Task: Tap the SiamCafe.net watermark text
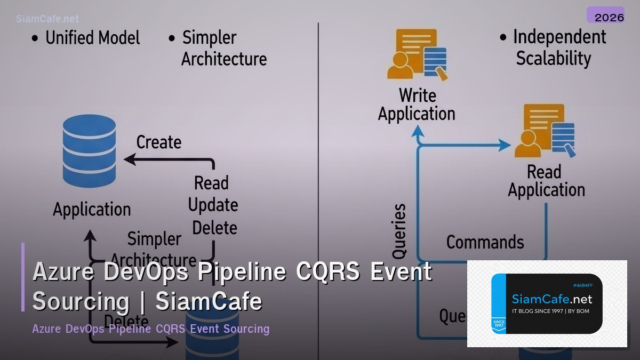tap(47, 19)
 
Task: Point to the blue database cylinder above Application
tap(89, 151)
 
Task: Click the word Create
tap(159, 142)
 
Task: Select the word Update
tap(213, 205)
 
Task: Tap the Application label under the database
tap(92, 210)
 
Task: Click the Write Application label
tap(417, 105)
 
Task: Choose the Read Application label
tap(546, 181)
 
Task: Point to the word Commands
tap(485, 242)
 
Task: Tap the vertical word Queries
tap(399, 231)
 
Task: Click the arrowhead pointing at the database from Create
tap(128, 159)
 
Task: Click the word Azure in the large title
tap(63, 272)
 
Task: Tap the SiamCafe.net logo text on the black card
tap(551, 299)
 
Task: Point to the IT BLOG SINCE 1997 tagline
tap(550, 311)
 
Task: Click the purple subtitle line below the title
tap(150, 329)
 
